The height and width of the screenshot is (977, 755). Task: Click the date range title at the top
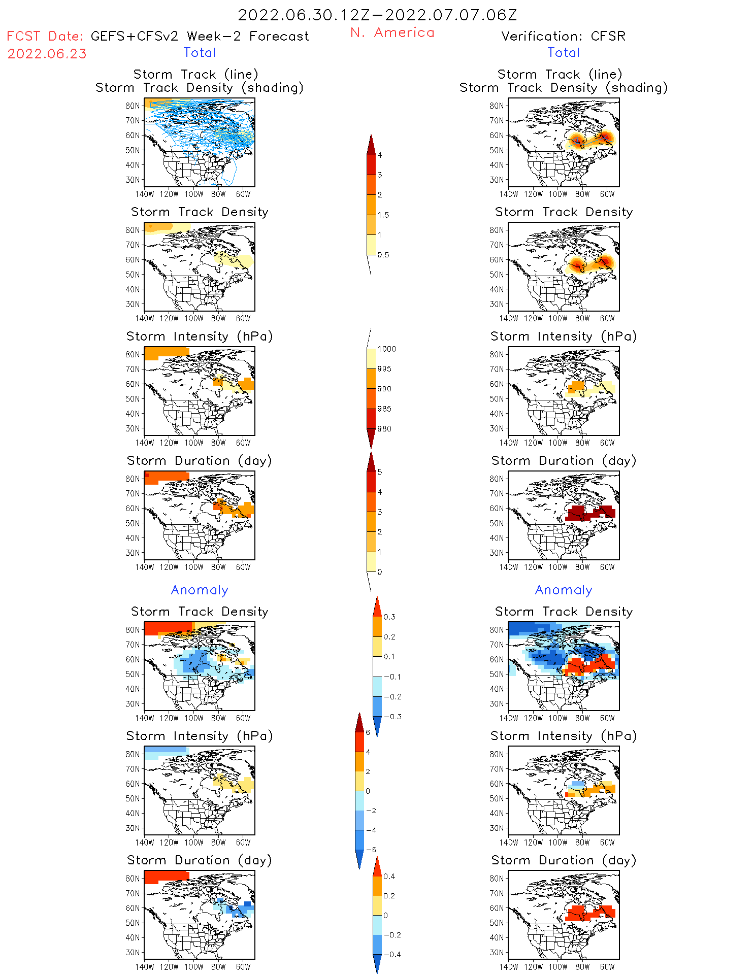point(377,15)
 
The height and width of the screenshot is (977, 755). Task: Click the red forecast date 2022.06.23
point(47,54)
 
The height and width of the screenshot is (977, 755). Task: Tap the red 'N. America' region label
point(392,32)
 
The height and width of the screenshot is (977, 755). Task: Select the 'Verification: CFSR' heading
point(563,36)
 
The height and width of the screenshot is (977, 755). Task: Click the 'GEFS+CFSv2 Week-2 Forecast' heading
point(200,36)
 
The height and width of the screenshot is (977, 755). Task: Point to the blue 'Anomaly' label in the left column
point(200,590)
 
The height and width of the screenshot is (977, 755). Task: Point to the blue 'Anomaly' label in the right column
point(564,590)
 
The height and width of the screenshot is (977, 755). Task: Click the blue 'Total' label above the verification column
point(563,52)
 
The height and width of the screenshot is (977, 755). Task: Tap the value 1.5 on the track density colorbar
point(383,215)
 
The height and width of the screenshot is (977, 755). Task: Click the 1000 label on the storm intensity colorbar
point(386,349)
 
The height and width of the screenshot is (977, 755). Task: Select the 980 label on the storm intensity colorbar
point(384,429)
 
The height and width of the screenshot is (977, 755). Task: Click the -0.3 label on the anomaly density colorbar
point(392,717)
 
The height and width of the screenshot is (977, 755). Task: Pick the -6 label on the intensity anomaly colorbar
point(371,850)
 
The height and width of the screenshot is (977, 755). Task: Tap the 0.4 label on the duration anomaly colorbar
point(389,876)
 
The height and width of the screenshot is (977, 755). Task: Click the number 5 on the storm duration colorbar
point(380,472)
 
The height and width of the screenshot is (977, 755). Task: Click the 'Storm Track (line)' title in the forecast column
point(195,74)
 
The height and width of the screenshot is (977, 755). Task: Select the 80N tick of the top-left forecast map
point(133,106)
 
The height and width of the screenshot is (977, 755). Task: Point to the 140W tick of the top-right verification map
point(509,194)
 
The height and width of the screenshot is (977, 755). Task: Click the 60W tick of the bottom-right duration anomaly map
point(607,967)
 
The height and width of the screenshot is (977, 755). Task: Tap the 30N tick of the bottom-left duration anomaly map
point(133,952)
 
